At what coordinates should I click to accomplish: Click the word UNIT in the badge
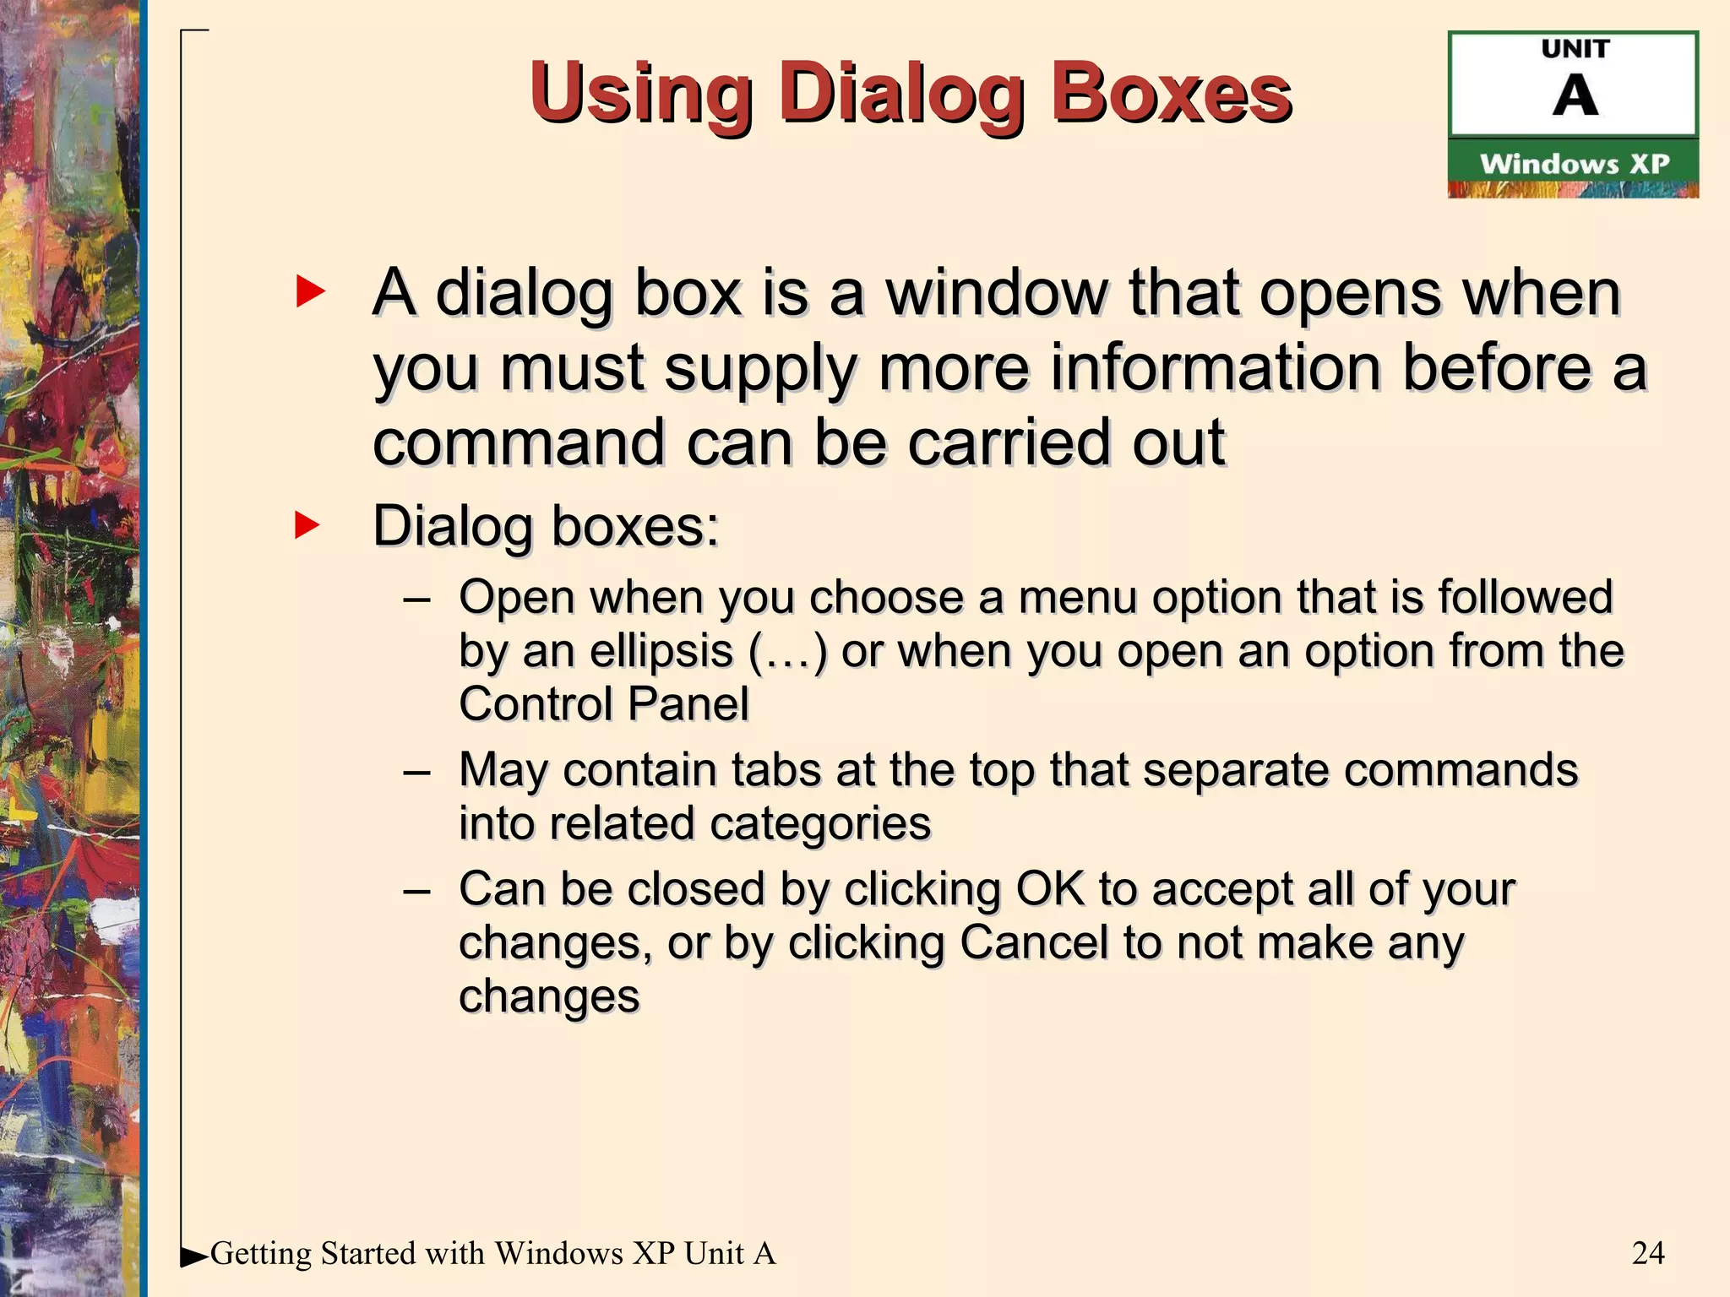(x=1575, y=49)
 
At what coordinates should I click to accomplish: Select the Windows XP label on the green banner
(x=1574, y=163)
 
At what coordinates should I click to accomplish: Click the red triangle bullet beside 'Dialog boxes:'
(x=307, y=524)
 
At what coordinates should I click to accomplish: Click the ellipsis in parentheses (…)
(x=787, y=652)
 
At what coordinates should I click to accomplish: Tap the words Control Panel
(x=603, y=704)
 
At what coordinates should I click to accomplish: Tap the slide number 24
(x=1647, y=1253)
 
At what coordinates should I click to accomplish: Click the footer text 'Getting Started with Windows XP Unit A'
(x=492, y=1253)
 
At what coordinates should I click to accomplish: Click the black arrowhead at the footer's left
(x=193, y=1257)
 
